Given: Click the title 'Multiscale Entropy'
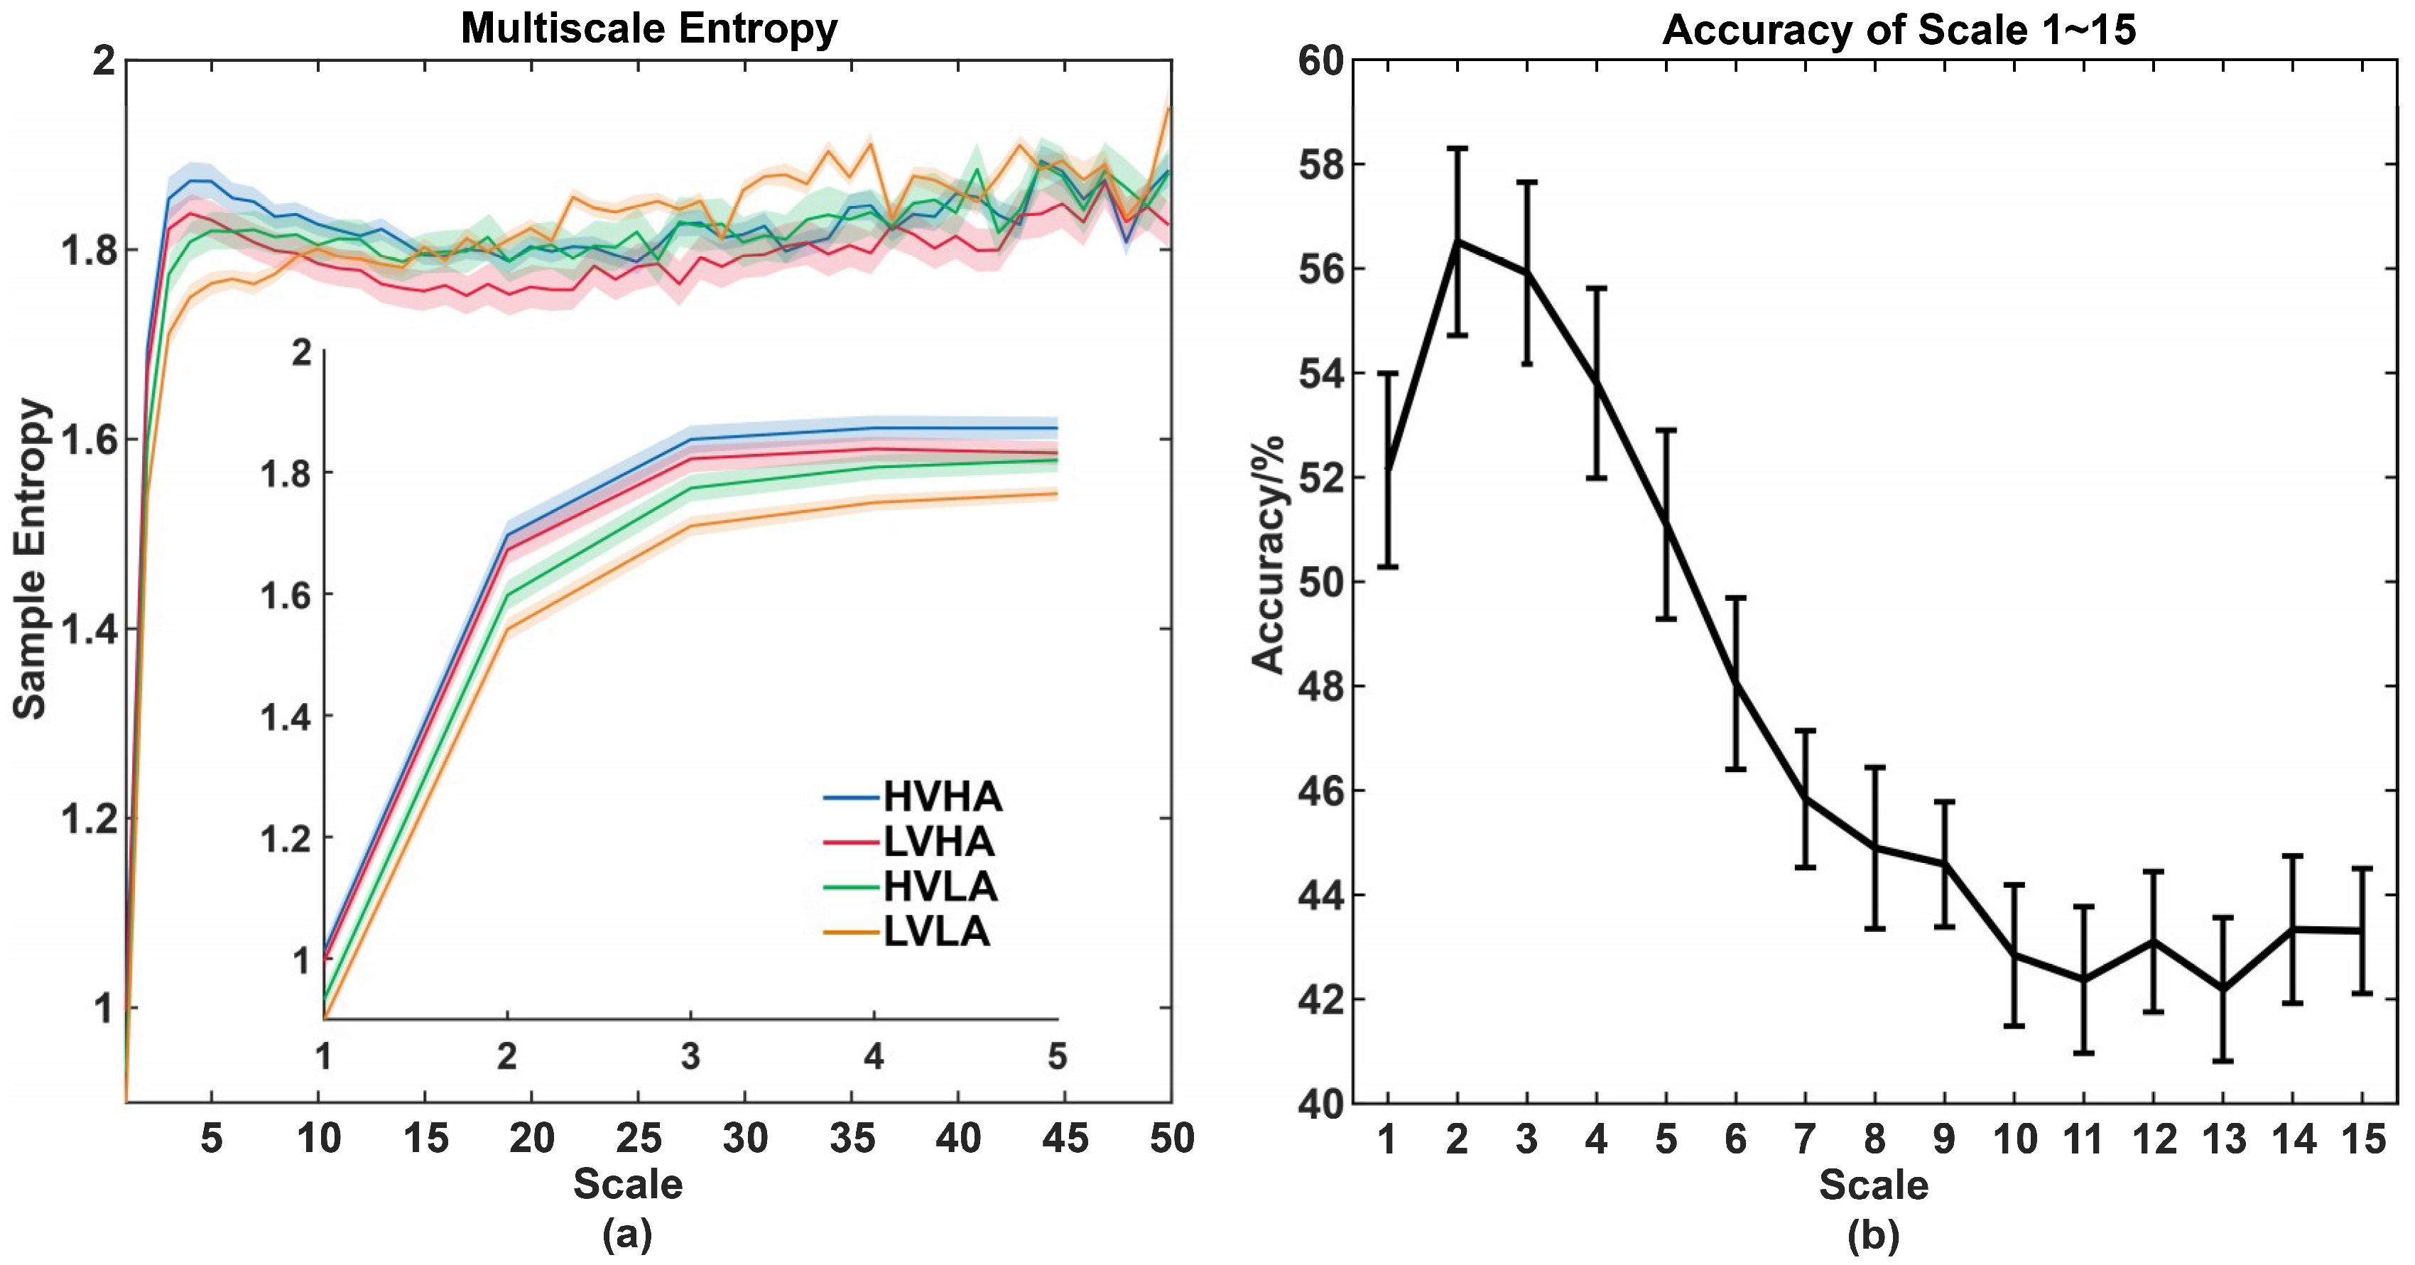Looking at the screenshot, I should pyautogui.click(x=648, y=28).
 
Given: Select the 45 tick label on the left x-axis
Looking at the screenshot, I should pyautogui.click(x=1065, y=1139).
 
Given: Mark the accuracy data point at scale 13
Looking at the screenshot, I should pyautogui.click(x=2223, y=989).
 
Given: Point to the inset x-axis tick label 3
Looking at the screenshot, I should pyautogui.click(x=690, y=1057).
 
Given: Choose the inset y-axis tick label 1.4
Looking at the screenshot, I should pyautogui.click(x=285, y=717).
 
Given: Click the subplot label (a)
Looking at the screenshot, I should pyautogui.click(x=627, y=1234).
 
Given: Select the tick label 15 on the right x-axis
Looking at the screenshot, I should pyautogui.click(x=2362, y=1139).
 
